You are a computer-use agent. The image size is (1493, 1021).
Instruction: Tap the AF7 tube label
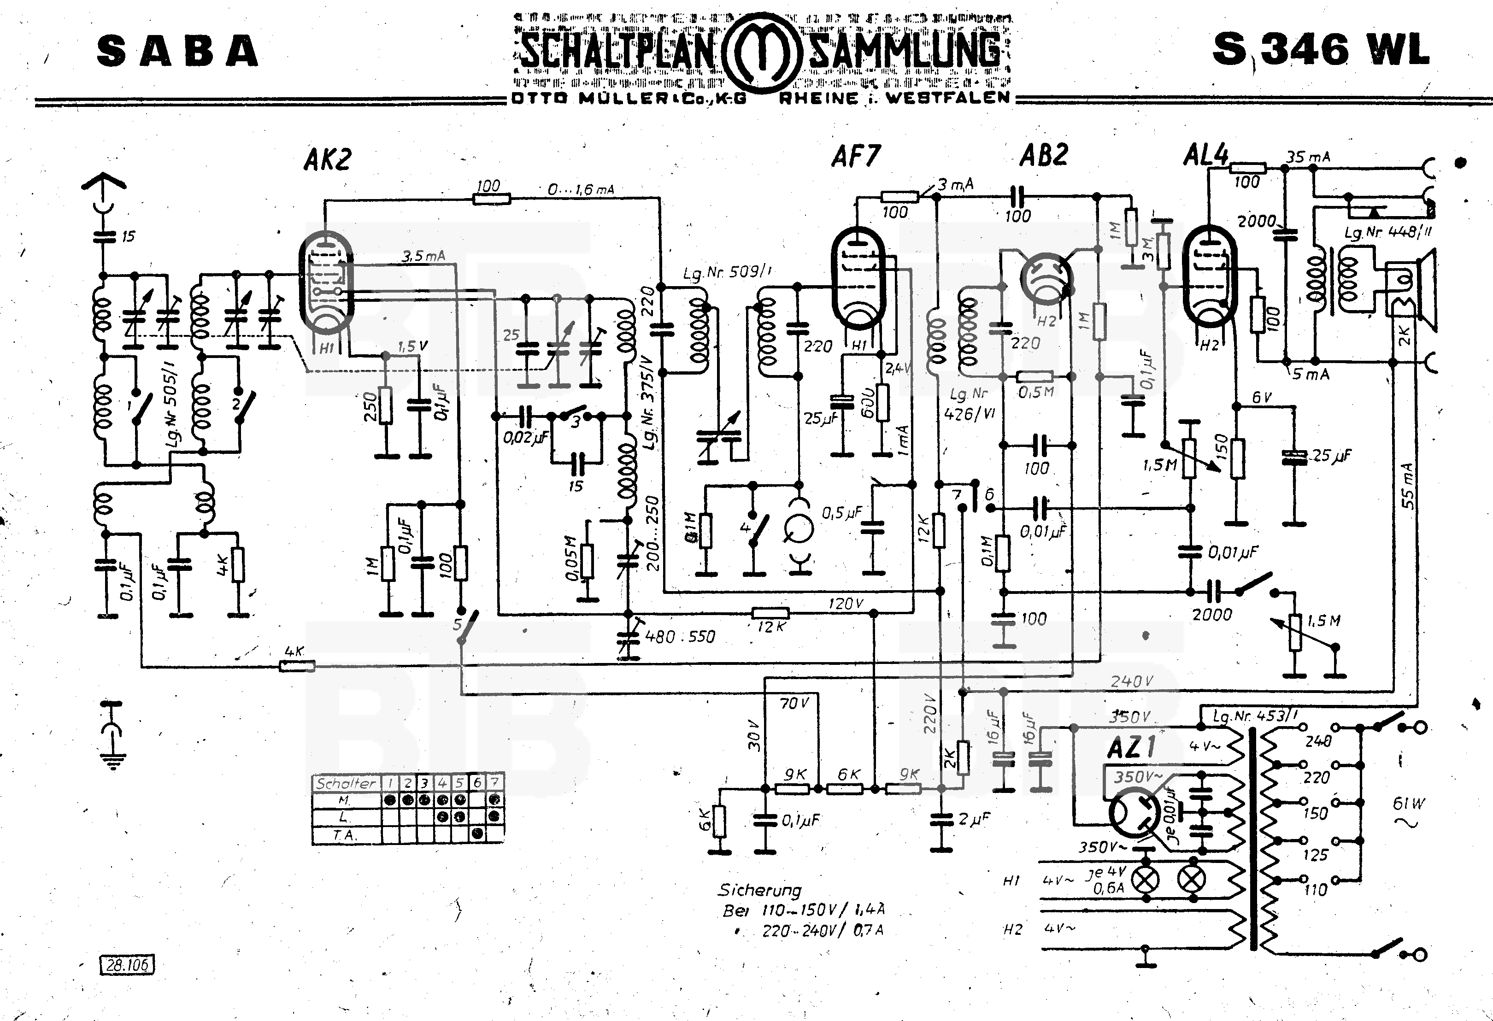[856, 156]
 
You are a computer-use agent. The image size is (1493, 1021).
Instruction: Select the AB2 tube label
[1044, 155]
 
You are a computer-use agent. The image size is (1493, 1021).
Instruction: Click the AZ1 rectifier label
[1131, 747]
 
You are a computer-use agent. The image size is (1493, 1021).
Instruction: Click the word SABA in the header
[178, 51]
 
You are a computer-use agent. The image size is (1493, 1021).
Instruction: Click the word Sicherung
[759, 891]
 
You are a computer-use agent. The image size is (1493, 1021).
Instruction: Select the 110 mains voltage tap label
[1316, 890]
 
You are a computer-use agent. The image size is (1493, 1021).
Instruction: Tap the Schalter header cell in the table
[346, 783]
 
